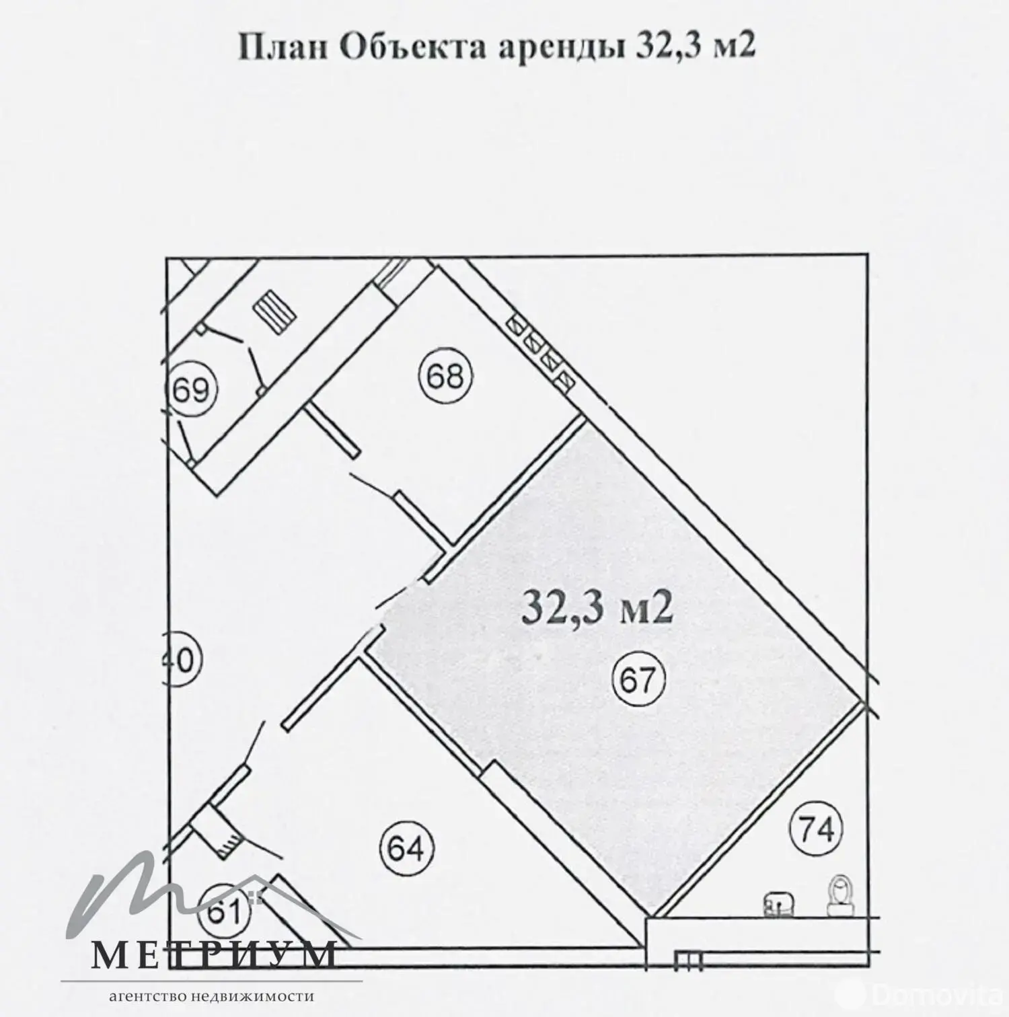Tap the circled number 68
click(445, 375)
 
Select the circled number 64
click(406, 849)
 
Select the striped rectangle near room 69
click(274, 310)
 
